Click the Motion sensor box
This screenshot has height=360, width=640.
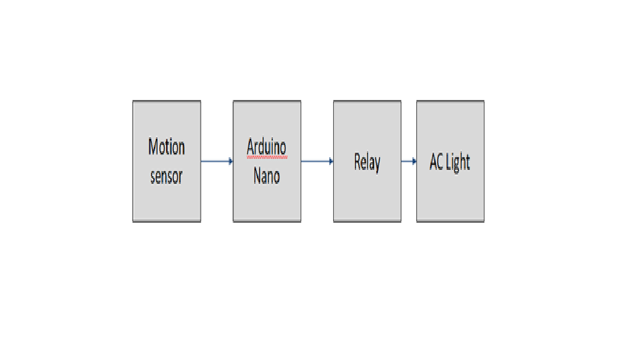167,161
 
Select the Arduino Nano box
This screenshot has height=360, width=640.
267,161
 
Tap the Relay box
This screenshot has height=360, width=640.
367,161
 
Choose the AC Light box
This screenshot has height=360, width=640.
450,161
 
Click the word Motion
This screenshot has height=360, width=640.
167,147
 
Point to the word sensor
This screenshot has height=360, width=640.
167,176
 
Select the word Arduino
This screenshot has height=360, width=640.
267,147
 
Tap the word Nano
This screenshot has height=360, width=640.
267,176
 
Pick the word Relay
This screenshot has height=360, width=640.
367,162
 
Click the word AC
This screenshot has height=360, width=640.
436,162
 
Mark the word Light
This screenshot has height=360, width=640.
458,162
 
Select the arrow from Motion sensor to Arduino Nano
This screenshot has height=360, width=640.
217,161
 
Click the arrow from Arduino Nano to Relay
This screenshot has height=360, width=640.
317,161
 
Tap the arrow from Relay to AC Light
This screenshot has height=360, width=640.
408,161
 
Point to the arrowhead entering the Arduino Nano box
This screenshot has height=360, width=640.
231,161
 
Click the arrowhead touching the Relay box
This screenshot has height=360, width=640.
331,161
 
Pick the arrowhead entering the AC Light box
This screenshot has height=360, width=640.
414,161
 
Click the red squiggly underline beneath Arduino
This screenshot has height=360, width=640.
267,157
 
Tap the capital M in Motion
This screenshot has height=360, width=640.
153,147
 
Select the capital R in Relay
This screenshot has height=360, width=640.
358,162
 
